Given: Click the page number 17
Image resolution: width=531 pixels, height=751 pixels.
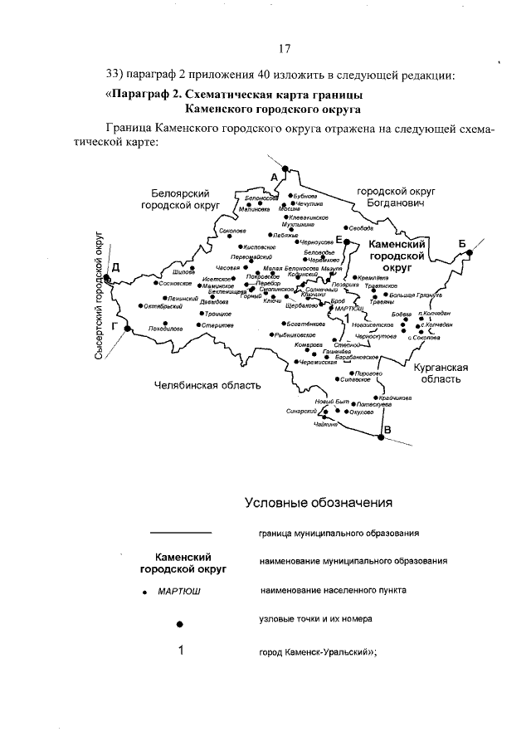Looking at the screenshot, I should [285, 47].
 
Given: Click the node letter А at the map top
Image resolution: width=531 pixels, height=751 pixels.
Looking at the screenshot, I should [274, 175].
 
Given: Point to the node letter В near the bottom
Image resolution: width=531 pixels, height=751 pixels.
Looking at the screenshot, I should [387, 428].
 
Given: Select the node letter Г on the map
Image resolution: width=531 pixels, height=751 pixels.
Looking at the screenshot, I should [114, 326].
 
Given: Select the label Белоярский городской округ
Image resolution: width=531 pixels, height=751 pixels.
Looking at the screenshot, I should [178, 198].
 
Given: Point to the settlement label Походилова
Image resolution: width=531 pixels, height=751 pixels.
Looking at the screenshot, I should [165, 328].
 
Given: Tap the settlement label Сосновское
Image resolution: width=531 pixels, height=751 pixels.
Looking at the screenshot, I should [177, 283].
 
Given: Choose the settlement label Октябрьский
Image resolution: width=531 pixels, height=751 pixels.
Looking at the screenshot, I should [163, 306].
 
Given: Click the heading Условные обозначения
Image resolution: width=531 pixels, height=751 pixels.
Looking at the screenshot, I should [318, 502].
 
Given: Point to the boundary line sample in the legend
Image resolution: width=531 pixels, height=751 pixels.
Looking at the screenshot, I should [180, 532].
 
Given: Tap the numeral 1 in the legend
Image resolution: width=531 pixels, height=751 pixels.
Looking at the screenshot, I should [180, 651].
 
